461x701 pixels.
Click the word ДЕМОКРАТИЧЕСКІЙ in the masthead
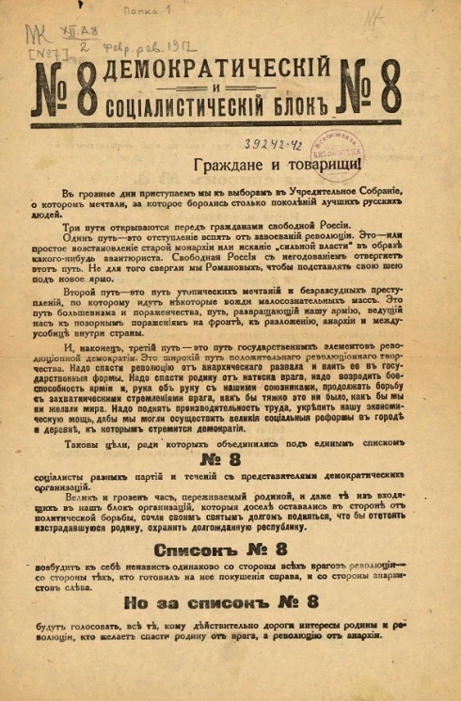click(226, 67)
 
